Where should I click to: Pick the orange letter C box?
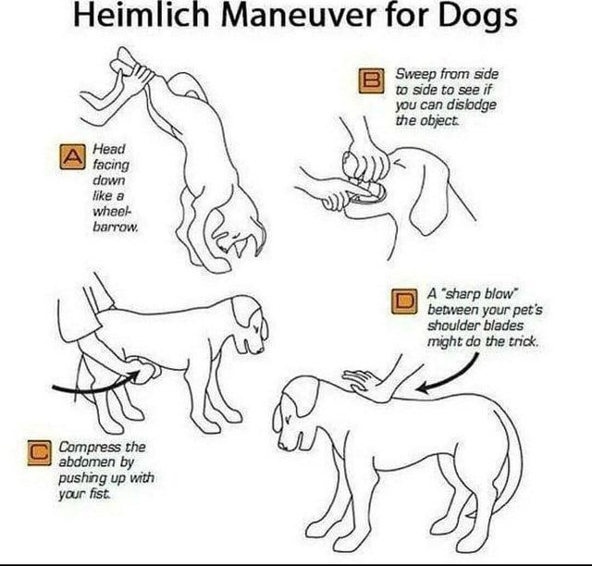click(38, 453)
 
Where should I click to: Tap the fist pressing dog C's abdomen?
click(145, 370)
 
